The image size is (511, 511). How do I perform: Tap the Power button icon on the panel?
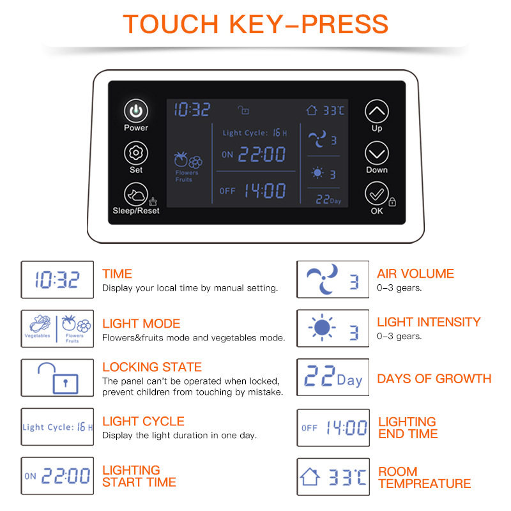[136, 111]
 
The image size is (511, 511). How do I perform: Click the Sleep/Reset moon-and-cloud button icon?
[136, 195]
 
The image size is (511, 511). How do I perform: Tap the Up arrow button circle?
[377, 111]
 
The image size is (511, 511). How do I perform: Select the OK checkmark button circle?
[377, 194]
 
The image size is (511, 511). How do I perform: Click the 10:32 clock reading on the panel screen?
[192, 109]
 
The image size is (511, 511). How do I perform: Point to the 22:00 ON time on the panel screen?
[262, 154]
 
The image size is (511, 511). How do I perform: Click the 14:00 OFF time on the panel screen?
[265, 190]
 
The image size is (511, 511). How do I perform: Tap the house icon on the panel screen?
[312, 110]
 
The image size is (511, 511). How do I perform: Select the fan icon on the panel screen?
[317, 139]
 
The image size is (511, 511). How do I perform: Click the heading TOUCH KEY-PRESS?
[256, 24]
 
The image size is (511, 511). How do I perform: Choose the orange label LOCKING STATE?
[152, 367]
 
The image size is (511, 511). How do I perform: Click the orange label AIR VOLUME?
[416, 274]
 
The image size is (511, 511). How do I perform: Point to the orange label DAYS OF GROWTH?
[434, 379]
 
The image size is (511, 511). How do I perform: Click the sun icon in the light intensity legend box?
[322, 328]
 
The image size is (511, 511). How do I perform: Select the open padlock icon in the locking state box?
[58, 378]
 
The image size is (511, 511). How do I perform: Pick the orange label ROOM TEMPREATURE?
[425, 477]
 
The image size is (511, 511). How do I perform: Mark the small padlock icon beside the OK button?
[392, 202]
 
